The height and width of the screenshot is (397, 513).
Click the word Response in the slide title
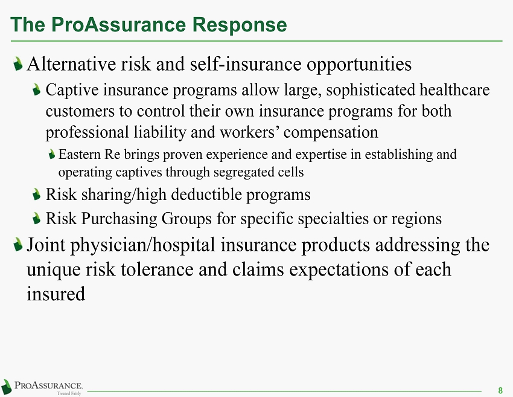pos(239,25)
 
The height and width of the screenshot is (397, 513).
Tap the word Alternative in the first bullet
pos(71,63)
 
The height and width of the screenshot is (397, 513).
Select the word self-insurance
pos(246,63)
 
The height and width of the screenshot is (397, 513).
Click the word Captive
pos(72,91)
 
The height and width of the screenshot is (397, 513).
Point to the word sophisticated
pos(371,91)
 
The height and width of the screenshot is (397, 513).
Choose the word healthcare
pos(455,90)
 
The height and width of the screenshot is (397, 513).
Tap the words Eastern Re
pos(89,154)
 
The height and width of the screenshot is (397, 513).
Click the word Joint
pos(46,245)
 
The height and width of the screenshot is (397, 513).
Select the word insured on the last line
pos(56,294)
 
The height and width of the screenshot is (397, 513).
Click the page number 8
pos(500,390)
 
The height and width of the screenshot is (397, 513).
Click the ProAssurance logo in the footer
pos(42,387)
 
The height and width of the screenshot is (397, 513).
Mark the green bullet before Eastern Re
pos(52,154)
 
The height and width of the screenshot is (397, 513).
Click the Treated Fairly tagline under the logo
pos(69,393)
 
